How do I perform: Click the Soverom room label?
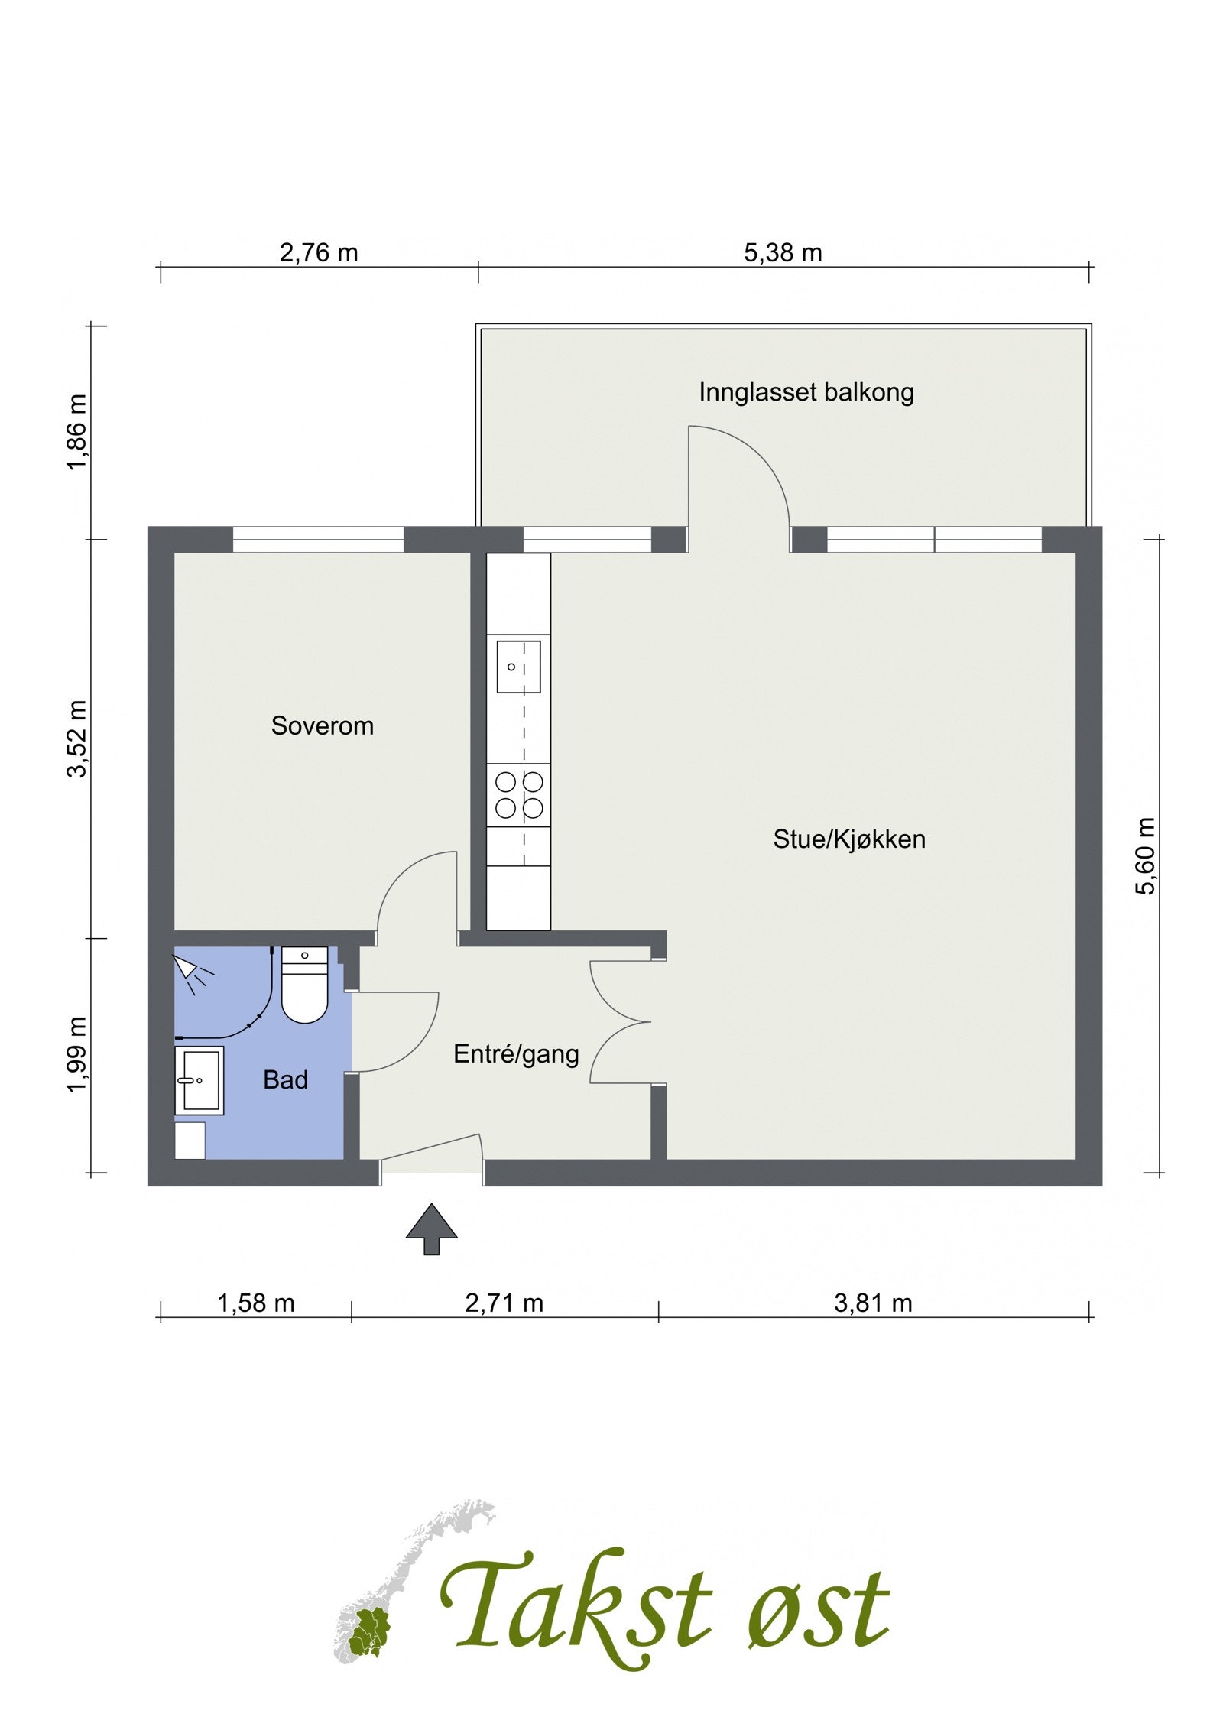(322, 725)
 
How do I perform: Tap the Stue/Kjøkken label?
(848, 839)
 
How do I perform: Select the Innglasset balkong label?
(806, 393)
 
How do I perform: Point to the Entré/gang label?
(516, 1055)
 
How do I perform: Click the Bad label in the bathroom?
(285, 1080)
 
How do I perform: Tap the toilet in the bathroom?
(304, 985)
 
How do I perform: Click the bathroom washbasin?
(200, 1080)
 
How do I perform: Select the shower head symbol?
(191, 973)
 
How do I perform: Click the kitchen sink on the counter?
(518, 667)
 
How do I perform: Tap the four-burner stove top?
(518, 795)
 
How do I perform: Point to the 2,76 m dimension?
(319, 253)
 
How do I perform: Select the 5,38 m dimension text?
(783, 253)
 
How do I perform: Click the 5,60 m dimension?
(1147, 856)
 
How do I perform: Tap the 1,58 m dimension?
(256, 1303)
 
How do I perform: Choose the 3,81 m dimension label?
(873, 1303)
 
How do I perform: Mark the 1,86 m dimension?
(78, 433)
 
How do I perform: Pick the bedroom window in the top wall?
(318, 539)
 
